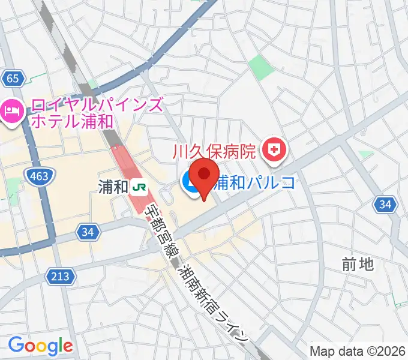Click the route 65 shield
[x=13, y=77]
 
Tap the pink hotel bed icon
[x=13, y=110]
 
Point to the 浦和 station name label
[x=113, y=187]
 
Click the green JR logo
[x=140, y=187]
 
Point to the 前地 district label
[x=358, y=263]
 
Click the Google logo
[x=40, y=346]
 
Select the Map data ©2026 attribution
[x=358, y=351]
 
